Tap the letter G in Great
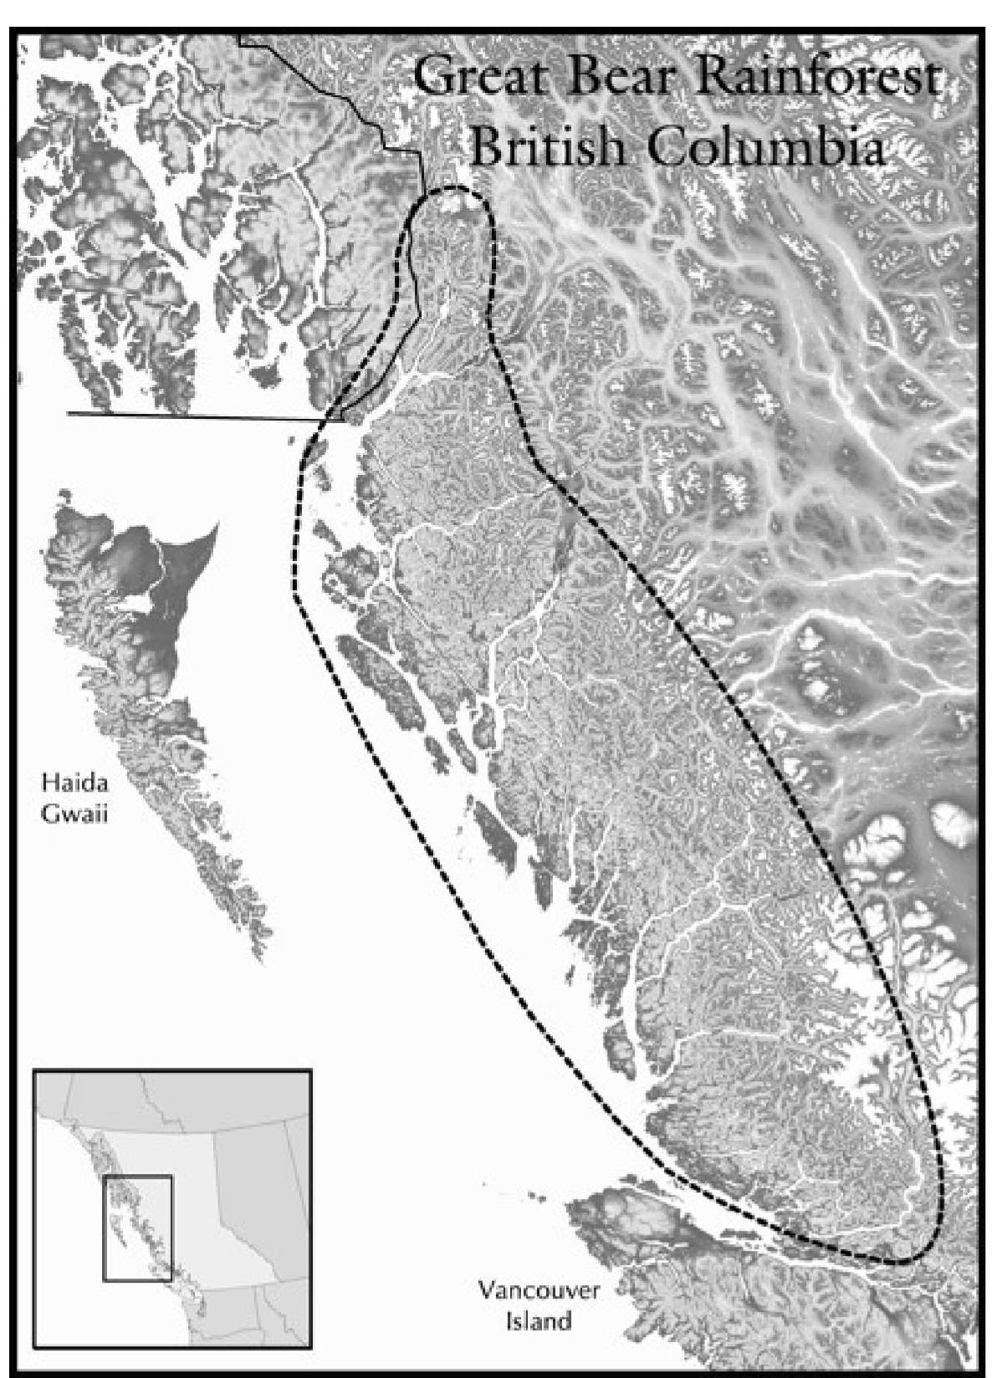pos(432,79)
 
